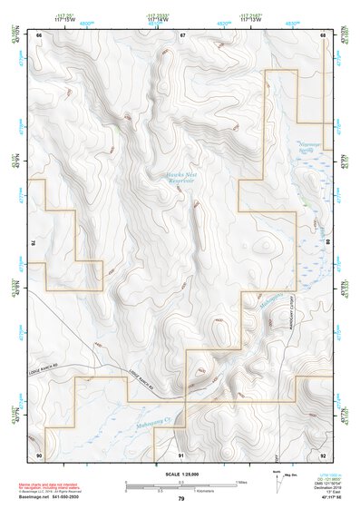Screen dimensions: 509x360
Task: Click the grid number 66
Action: [x=39, y=34]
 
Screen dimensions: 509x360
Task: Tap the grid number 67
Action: [x=182, y=34]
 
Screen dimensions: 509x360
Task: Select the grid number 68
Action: [x=323, y=34]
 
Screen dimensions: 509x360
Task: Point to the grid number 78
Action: [x=34, y=243]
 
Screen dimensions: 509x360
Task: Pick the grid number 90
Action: [x=39, y=454]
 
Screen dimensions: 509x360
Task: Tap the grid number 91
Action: [x=181, y=454]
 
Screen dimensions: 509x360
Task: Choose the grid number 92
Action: [x=323, y=454]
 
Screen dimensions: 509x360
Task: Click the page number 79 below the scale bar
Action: [x=181, y=498]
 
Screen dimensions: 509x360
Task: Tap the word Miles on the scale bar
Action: [x=241, y=482]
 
